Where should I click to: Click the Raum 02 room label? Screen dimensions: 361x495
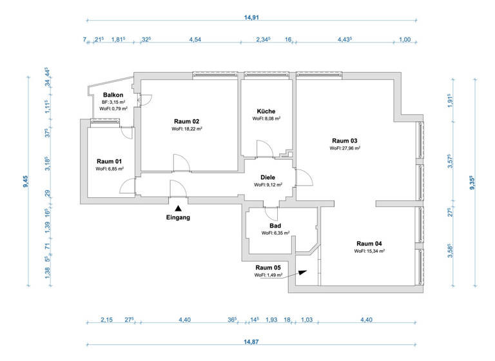[187, 121]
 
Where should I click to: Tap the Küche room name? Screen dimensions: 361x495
[266, 111]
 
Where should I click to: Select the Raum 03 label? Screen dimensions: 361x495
[345, 141]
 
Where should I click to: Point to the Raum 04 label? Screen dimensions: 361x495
[369, 243]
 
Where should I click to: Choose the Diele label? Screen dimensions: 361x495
[268, 177]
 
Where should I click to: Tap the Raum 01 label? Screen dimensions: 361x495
[110, 161]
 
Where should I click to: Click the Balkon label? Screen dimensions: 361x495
[113, 95]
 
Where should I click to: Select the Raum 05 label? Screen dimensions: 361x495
[268, 268]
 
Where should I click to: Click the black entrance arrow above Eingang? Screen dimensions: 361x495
[178, 208]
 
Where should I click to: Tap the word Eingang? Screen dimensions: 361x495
[178, 217]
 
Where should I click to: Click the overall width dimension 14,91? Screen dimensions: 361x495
[251, 18]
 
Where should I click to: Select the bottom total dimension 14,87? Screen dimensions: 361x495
[251, 342]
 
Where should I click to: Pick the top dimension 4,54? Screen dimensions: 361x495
[194, 40]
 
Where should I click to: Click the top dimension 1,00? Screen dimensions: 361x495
[405, 40]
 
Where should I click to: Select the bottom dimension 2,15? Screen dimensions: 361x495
[106, 320]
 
